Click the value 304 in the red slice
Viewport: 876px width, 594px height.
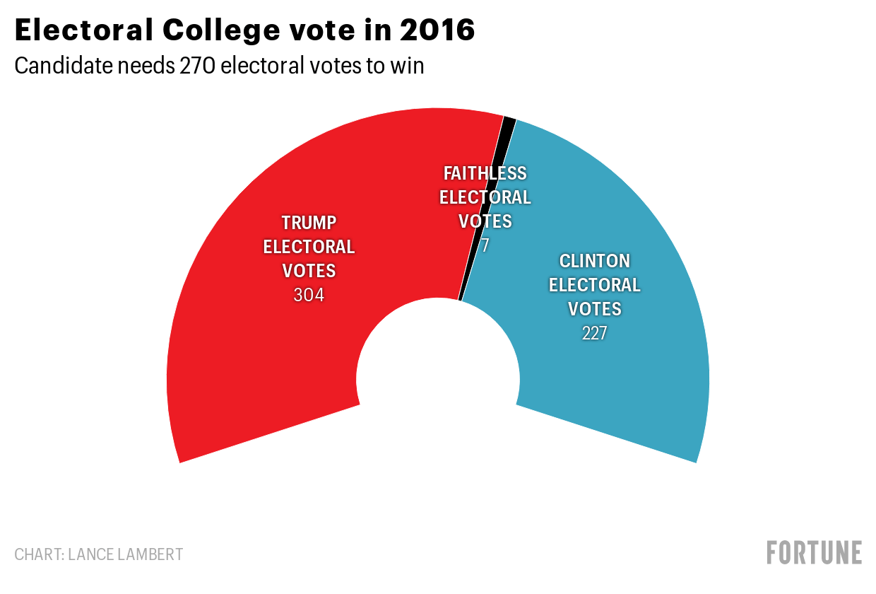point(309,295)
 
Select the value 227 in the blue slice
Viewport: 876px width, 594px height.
point(594,333)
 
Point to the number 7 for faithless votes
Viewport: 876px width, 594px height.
point(485,245)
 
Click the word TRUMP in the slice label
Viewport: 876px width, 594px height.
point(309,223)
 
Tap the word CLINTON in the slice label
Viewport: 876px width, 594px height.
point(594,261)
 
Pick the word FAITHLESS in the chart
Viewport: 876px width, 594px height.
point(485,173)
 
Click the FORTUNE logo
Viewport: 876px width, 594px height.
point(814,552)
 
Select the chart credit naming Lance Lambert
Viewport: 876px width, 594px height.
point(98,554)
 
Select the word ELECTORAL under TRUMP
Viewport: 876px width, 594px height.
point(309,247)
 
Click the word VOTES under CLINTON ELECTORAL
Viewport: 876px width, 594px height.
point(594,309)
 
